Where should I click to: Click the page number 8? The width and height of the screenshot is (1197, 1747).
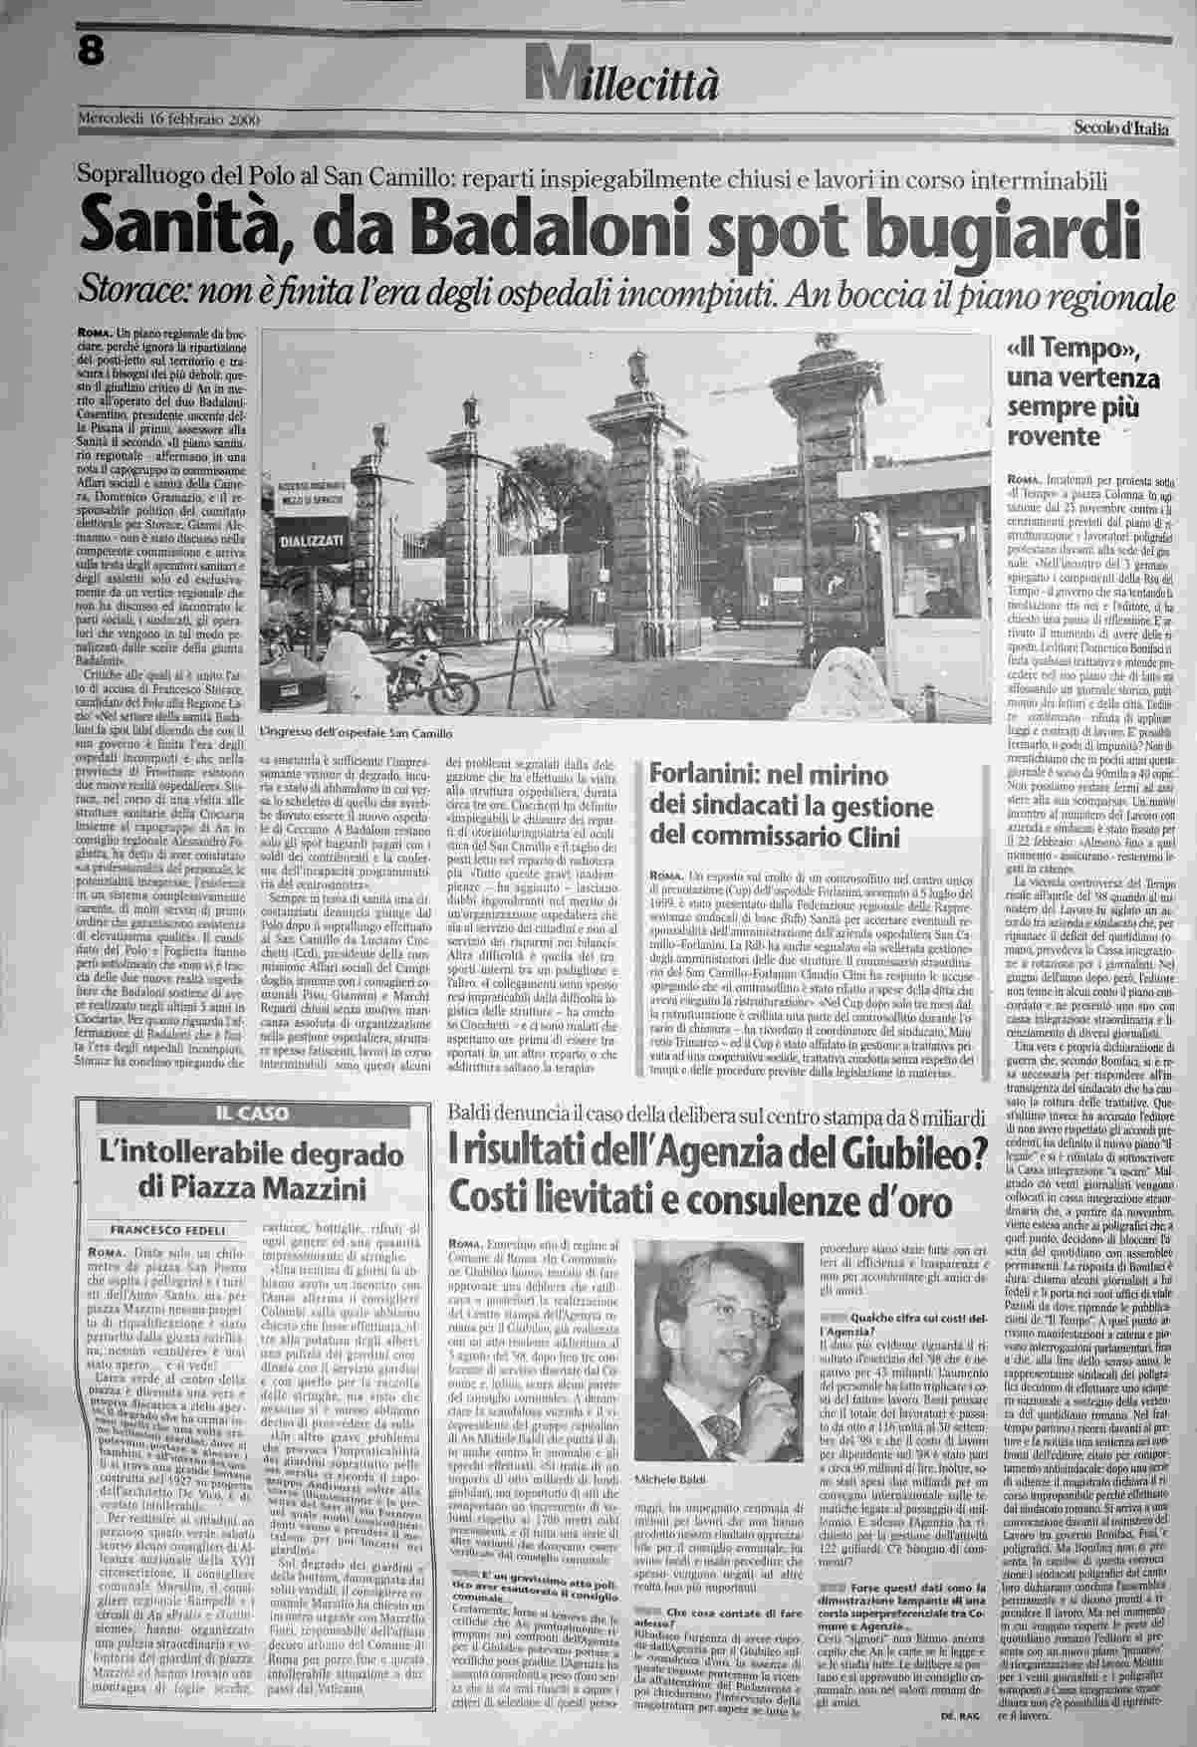pos(91,53)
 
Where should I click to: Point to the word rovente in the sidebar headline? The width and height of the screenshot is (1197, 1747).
pos(1051,435)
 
